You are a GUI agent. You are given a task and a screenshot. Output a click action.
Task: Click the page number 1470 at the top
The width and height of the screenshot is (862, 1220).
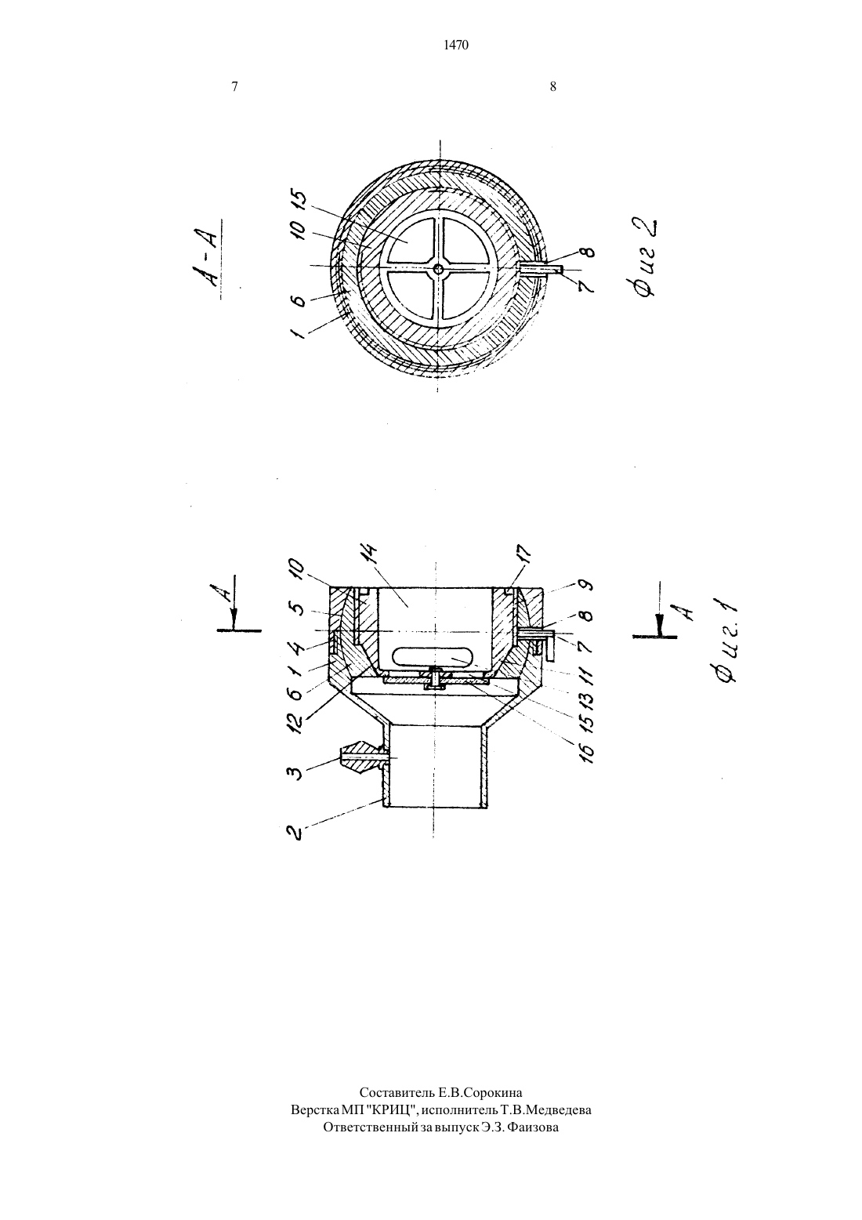tap(456, 45)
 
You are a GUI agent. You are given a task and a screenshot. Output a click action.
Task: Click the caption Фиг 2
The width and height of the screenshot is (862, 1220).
tap(646, 257)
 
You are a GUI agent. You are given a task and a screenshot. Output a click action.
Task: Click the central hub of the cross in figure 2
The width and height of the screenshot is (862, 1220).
tap(439, 268)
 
